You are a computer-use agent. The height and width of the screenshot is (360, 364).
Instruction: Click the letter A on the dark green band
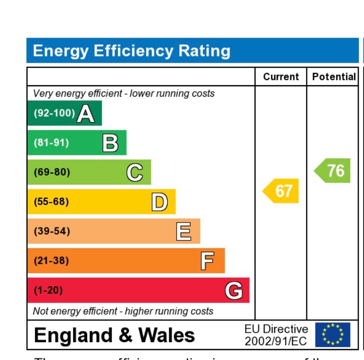(x=86, y=114)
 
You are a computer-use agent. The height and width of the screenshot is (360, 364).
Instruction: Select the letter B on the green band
(x=110, y=143)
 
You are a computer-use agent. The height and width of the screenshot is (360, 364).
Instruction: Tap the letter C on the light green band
(x=135, y=173)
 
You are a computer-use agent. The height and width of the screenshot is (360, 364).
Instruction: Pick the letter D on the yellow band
(x=159, y=202)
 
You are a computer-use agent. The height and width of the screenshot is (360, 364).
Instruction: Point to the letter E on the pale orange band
(x=183, y=232)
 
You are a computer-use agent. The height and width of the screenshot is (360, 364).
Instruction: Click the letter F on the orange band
(x=208, y=261)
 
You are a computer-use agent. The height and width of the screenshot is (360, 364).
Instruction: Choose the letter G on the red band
(x=234, y=291)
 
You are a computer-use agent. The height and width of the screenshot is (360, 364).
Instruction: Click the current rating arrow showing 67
(x=281, y=191)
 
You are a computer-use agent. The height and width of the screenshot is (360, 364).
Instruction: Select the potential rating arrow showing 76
(x=333, y=171)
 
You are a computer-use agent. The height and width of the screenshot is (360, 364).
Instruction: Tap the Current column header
(x=281, y=77)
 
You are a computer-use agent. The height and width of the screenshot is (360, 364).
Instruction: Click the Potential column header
(x=334, y=77)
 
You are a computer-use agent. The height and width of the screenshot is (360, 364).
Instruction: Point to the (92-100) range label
(x=54, y=114)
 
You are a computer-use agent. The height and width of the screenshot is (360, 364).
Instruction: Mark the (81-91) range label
(x=51, y=143)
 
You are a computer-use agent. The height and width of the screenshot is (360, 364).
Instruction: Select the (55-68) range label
(x=51, y=202)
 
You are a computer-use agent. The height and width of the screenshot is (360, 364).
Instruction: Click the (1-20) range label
(x=48, y=291)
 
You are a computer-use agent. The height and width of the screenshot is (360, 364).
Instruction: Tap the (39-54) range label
(x=51, y=232)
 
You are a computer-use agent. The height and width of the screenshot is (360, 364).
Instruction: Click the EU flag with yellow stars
(x=332, y=335)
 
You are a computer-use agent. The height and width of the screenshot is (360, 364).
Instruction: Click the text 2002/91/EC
(x=276, y=341)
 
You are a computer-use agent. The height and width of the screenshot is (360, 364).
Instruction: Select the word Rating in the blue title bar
(x=203, y=51)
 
